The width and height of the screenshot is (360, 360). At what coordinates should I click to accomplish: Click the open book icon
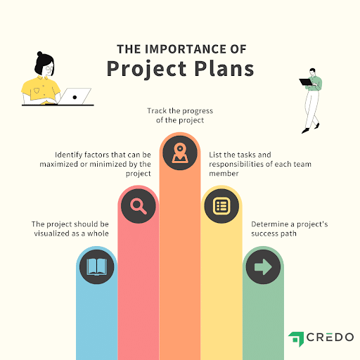pos(97,266)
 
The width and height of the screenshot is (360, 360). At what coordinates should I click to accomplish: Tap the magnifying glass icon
pos(139,206)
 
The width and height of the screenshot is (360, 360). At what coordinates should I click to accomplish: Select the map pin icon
pos(180,153)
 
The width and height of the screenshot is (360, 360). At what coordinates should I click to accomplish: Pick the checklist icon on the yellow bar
pos(221,206)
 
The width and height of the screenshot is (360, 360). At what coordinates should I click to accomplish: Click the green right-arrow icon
pos(263,266)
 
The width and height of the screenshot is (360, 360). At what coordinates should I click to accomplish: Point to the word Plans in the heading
pos(224,69)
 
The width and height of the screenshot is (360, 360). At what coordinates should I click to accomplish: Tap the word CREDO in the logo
pos(330,337)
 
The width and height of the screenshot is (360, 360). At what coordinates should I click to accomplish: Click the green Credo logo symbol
pos(296,339)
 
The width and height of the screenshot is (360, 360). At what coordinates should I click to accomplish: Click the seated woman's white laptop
pos(75,96)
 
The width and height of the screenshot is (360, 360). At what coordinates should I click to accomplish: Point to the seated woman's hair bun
pos(40,54)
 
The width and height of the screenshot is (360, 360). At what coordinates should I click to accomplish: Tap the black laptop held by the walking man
pos(306,82)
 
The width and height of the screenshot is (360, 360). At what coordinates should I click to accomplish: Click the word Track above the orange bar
pos(157,110)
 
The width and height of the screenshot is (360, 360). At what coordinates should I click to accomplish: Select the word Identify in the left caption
pos(68,155)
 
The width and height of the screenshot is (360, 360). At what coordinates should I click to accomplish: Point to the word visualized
pos(52,233)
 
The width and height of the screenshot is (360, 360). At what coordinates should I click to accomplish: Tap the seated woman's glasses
pos(50,69)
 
